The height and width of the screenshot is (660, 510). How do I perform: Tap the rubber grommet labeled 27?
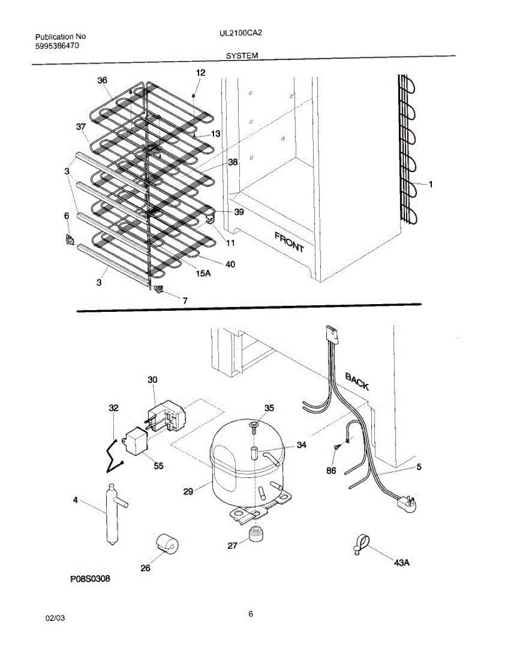click(x=255, y=533)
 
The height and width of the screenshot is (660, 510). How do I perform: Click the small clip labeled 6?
click(x=69, y=240)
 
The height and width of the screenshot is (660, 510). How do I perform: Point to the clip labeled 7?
click(x=159, y=290)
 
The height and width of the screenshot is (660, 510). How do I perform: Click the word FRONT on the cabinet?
click(x=289, y=241)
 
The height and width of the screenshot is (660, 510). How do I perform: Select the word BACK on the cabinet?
click(x=357, y=381)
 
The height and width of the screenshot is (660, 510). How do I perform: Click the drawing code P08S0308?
click(x=94, y=579)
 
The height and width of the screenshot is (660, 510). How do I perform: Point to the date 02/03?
click(x=55, y=618)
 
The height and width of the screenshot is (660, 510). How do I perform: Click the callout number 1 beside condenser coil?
click(x=430, y=185)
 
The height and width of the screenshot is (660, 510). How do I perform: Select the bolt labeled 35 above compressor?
click(x=253, y=425)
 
